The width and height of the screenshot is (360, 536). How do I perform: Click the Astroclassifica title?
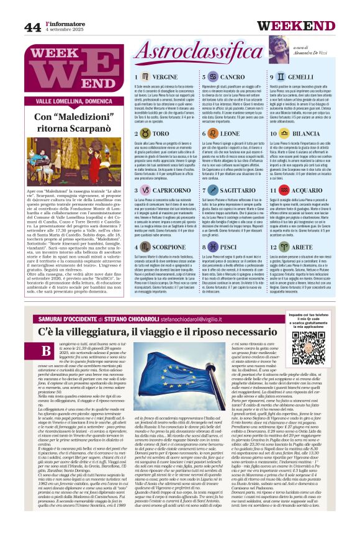coord(181,52)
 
